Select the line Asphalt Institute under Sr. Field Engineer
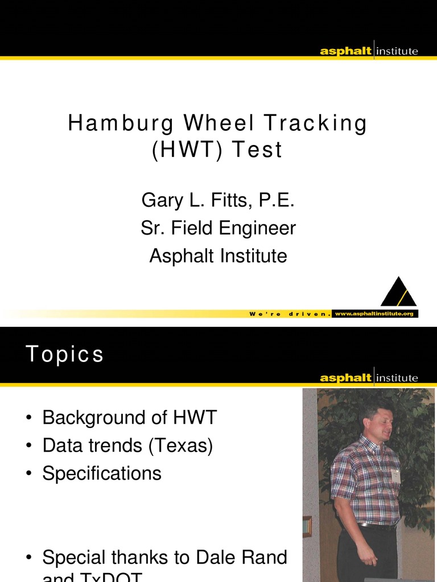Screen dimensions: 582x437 (x=218, y=256)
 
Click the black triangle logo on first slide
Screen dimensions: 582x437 (x=398, y=292)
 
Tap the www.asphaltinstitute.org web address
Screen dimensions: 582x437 (x=374, y=313)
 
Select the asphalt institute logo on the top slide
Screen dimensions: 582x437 (x=369, y=51)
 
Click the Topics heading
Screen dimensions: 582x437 (x=65, y=355)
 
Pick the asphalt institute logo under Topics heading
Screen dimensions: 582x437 (x=369, y=377)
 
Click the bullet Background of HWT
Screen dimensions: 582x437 (x=130, y=418)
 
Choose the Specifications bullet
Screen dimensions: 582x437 (x=102, y=473)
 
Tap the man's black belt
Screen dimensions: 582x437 (x=376, y=526)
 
